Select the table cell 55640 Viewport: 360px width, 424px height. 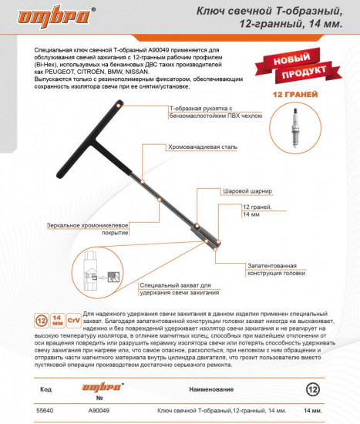point(45,411)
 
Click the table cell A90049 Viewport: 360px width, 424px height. point(99,411)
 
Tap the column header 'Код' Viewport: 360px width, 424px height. point(46,389)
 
